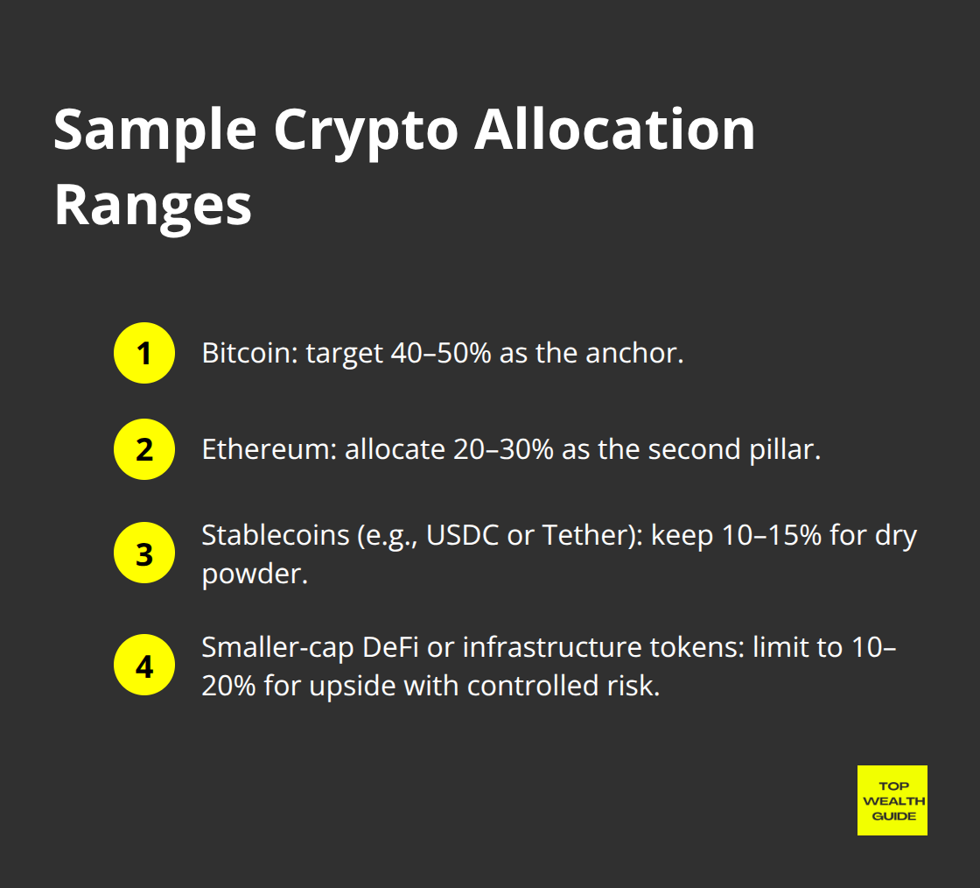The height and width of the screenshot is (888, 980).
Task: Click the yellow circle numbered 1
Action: pyautogui.click(x=144, y=354)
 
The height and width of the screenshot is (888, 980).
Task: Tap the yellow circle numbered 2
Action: pyautogui.click(x=144, y=450)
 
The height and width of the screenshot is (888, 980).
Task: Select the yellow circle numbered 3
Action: pyautogui.click(x=144, y=553)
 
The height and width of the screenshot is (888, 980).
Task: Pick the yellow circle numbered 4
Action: pyautogui.click(x=144, y=665)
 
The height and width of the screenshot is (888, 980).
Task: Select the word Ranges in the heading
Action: pyautogui.click(x=153, y=207)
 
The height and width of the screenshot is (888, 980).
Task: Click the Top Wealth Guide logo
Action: pyautogui.click(x=892, y=800)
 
